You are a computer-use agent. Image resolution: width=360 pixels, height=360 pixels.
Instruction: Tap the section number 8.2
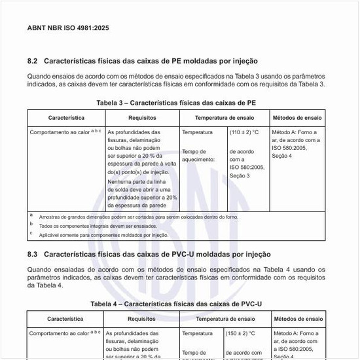point(33,61)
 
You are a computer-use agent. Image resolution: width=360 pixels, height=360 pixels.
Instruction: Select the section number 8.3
point(33,253)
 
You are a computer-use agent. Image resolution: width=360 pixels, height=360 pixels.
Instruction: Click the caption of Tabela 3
point(176,103)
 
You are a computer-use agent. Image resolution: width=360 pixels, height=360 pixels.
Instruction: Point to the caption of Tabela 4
point(175,304)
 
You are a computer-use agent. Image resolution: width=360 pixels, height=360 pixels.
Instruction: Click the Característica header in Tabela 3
point(66,118)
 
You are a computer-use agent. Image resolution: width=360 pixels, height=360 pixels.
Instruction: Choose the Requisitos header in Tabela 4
point(141,319)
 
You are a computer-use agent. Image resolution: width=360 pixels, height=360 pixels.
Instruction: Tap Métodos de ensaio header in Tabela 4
point(297,319)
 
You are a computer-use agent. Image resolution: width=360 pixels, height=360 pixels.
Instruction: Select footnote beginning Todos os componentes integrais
point(98,226)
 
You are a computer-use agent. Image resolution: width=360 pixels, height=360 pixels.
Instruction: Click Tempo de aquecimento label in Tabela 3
point(198,155)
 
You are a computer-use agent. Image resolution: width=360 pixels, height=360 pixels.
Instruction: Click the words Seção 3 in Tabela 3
point(240,175)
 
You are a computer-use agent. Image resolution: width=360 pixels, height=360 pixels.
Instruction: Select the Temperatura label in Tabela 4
point(197,333)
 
